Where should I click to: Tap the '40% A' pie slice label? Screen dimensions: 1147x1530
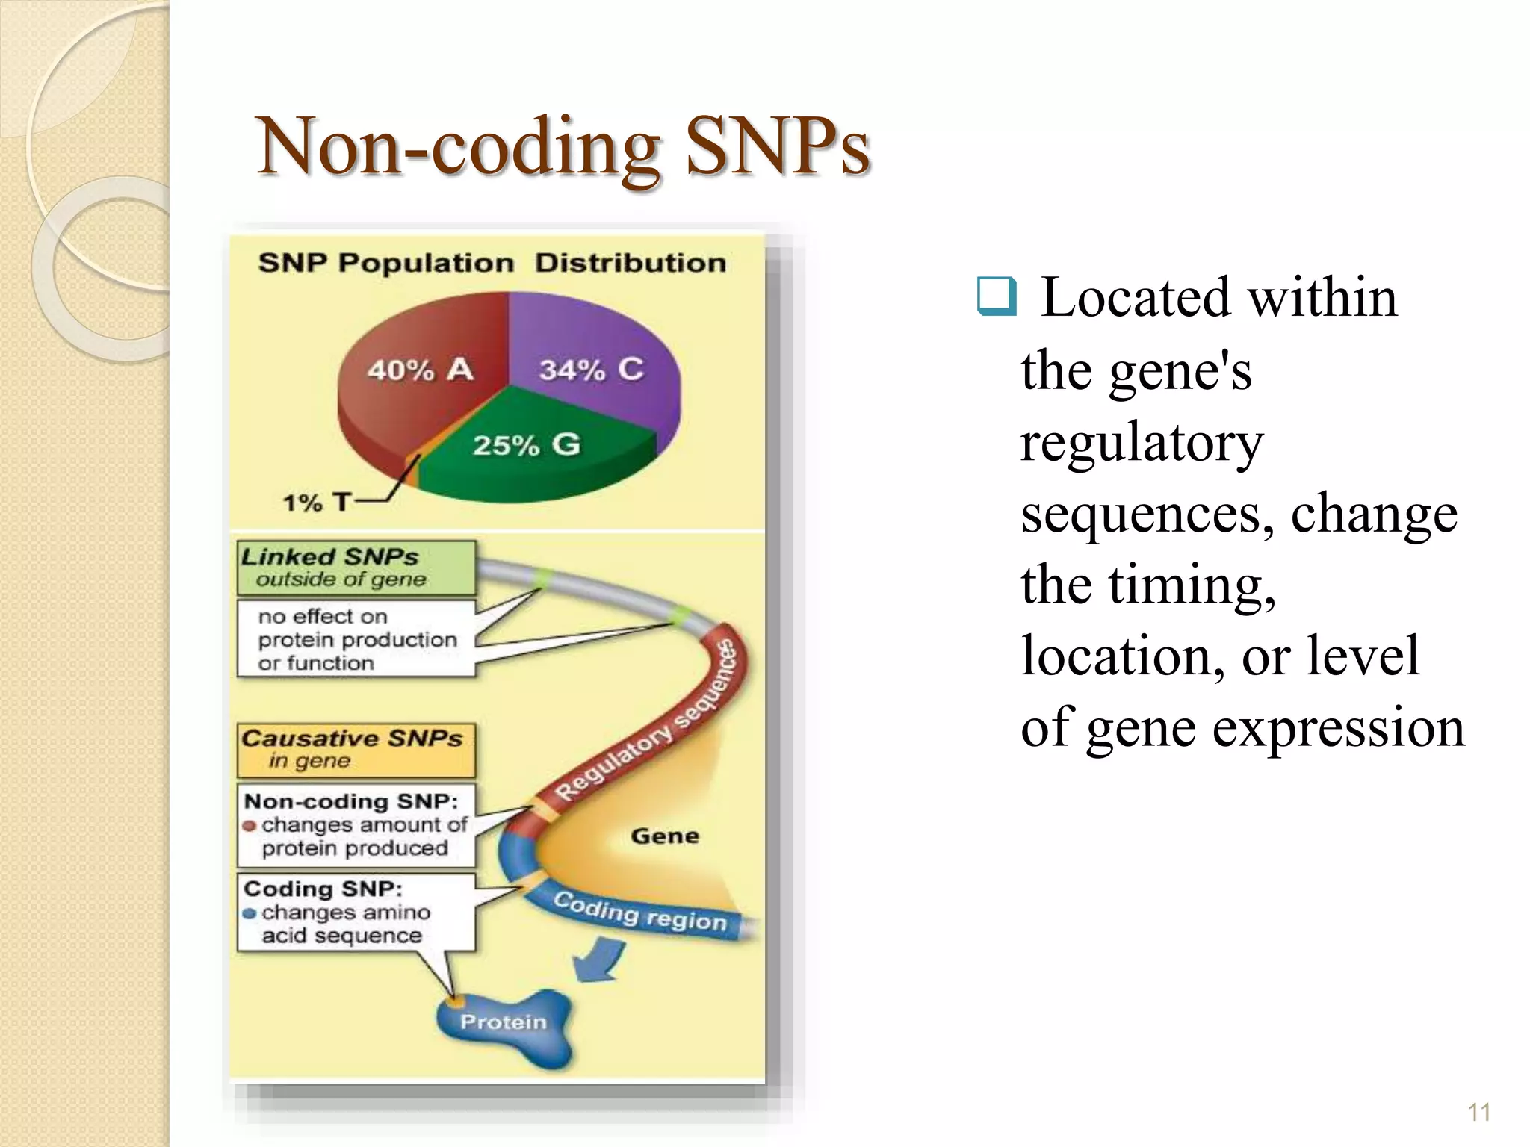420,370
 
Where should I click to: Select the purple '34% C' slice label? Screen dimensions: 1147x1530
592,370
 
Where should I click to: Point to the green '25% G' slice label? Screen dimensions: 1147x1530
526,445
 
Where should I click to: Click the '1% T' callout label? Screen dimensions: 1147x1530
316,503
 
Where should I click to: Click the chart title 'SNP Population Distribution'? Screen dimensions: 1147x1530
492,264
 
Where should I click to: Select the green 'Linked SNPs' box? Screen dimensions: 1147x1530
356,568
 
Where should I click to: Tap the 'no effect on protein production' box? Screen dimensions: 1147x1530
356,639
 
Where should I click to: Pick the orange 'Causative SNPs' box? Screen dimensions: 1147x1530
356,749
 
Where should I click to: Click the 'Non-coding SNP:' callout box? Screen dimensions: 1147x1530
356,824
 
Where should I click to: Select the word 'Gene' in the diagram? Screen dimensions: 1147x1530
664,836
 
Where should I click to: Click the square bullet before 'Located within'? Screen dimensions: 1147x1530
997,296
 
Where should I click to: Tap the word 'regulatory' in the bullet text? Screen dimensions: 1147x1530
1142,442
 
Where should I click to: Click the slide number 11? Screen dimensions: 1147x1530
1478,1112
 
